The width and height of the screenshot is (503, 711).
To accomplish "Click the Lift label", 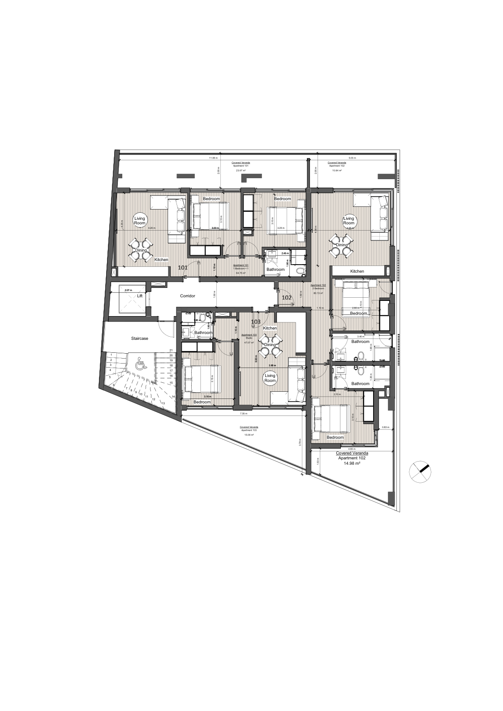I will (140, 296).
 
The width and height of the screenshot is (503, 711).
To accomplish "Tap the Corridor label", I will (188, 296).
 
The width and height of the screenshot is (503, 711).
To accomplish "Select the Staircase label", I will (139, 338).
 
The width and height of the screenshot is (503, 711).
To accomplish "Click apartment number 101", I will (183, 267).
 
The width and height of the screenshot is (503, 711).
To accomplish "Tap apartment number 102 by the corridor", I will (287, 297).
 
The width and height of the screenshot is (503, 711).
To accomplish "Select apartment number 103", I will (256, 321).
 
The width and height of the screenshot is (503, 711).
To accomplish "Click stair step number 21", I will (171, 350).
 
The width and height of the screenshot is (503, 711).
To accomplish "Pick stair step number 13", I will (163, 403).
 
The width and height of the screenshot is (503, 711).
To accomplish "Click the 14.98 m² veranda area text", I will (352, 464).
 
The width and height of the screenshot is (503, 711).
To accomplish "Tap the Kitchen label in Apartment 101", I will (161, 260).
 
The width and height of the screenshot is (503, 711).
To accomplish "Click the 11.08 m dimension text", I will (213, 158).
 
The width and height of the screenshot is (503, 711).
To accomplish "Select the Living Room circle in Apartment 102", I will (348, 220).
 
